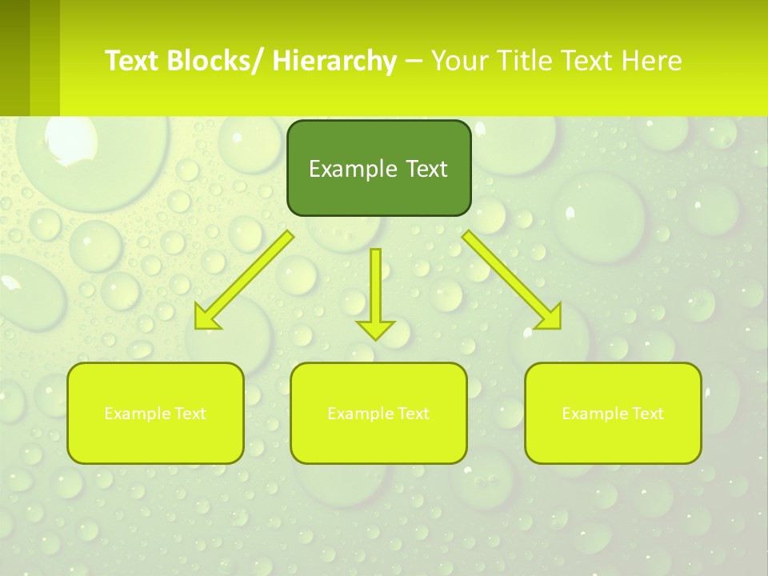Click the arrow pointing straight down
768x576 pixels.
point(375,292)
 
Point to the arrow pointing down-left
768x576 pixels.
point(244,280)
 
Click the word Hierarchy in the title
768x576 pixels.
point(334,61)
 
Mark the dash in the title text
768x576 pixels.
point(414,61)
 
